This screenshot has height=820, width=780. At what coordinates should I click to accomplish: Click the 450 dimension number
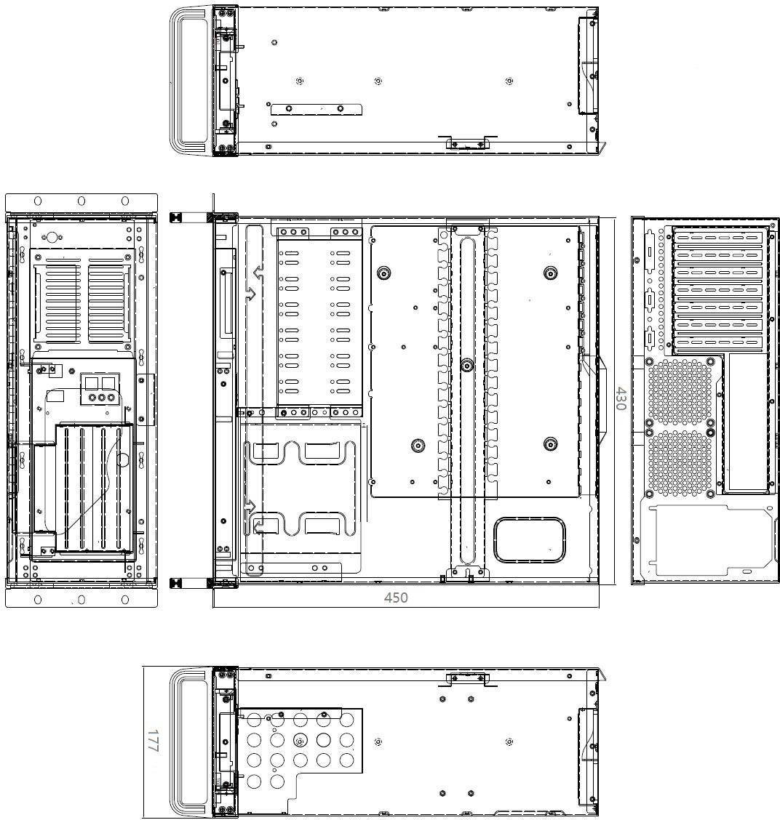click(x=395, y=598)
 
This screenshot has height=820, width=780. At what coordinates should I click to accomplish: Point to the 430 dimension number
click(x=621, y=398)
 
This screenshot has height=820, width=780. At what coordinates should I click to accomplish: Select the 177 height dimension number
click(x=152, y=741)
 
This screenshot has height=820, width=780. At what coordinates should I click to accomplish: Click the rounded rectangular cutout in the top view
click(x=529, y=540)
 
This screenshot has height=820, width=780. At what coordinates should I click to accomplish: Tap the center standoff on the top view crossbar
click(x=467, y=365)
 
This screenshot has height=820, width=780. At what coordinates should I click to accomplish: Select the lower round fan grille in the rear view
click(x=680, y=463)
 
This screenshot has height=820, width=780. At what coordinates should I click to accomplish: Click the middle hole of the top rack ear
click(x=81, y=201)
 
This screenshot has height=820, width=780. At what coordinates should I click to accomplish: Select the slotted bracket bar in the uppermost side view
click(x=317, y=109)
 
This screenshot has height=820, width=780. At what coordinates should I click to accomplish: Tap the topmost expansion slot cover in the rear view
click(x=717, y=238)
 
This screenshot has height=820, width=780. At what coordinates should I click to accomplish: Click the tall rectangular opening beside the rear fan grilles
click(x=746, y=422)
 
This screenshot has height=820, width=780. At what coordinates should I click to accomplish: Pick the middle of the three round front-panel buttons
click(x=102, y=397)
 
